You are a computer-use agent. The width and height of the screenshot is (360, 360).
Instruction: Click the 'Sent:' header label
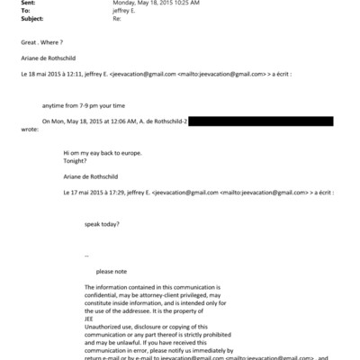[12, 4]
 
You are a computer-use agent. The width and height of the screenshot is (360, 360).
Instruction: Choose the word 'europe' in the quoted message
[131, 153]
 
